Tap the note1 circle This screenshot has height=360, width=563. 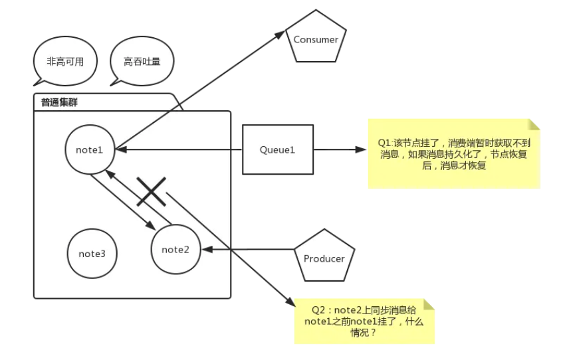[x=90, y=149]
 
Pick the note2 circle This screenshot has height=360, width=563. [x=175, y=250]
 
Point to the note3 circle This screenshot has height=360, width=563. [x=92, y=254]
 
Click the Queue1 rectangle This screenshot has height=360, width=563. [x=278, y=149]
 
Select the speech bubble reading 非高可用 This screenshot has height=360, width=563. [x=65, y=62]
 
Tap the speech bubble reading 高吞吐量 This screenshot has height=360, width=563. [x=142, y=62]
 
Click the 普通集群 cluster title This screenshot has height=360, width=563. [x=59, y=103]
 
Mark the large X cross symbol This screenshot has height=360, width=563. [x=151, y=192]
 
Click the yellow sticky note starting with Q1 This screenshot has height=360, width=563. [x=454, y=153]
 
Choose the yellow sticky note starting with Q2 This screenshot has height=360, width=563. [x=364, y=321]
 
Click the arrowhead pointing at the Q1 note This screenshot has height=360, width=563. [x=361, y=149]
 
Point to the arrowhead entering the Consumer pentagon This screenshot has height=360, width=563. [x=280, y=35]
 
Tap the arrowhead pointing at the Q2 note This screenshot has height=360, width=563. [x=290, y=302]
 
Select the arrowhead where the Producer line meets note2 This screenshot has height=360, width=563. [x=207, y=250]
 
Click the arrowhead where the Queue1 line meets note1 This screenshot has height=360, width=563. [x=121, y=149]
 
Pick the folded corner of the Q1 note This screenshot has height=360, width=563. [x=534, y=124]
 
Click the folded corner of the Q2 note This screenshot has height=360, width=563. [x=429, y=304]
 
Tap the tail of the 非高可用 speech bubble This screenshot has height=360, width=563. [x=39, y=82]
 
